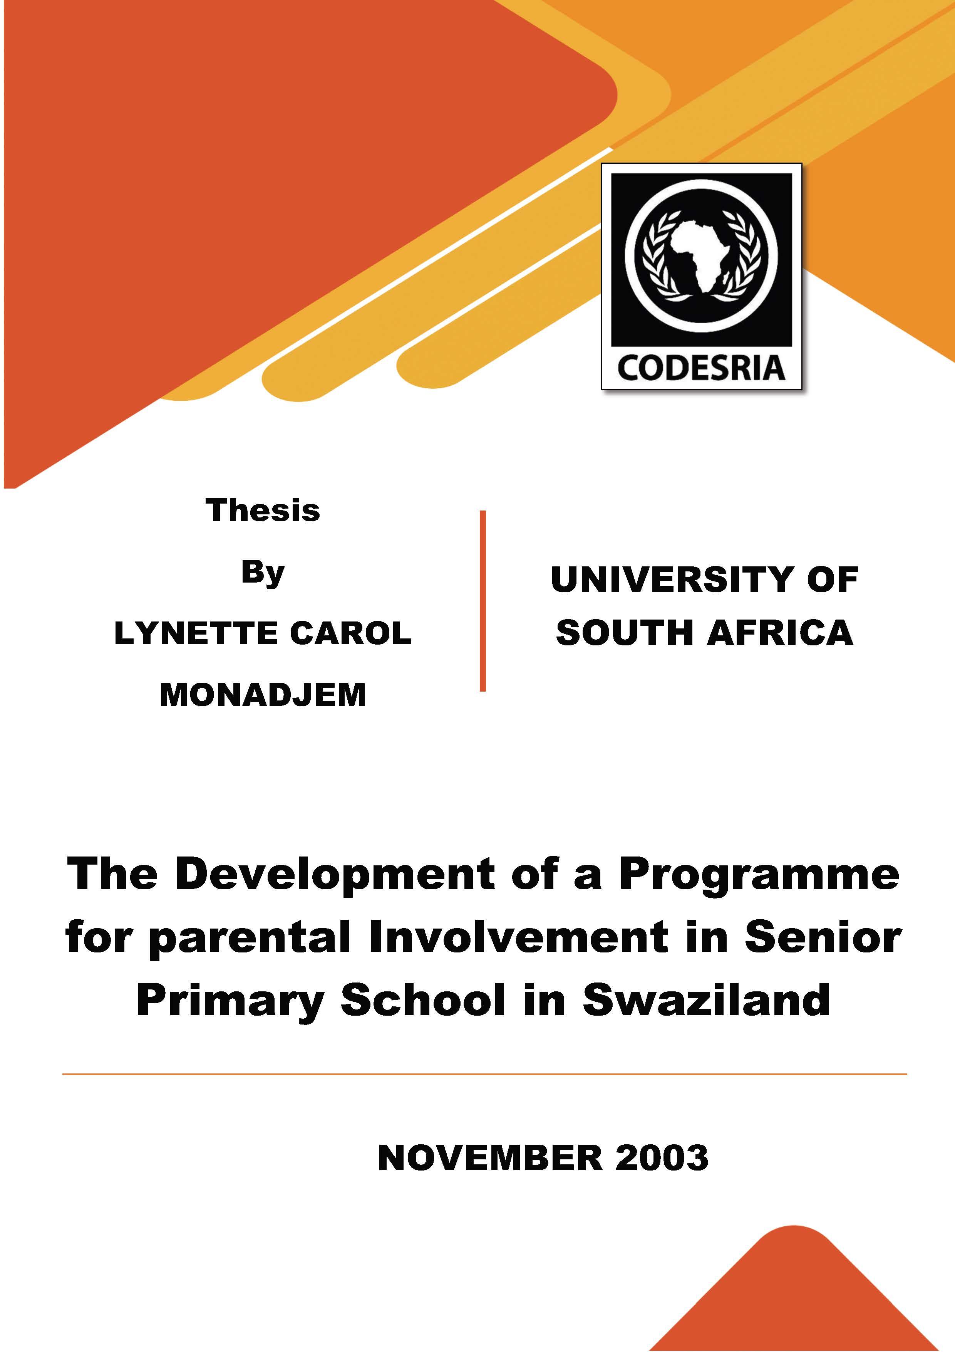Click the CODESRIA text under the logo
click(x=701, y=369)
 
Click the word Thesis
click(x=263, y=510)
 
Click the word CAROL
click(x=351, y=633)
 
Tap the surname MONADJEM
click(x=263, y=695)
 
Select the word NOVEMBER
click(x=491, y=1158)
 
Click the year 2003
click(x=662, y=1158)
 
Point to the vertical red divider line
click(x=483, y=601)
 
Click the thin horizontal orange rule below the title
click(x=484, y=1075)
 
